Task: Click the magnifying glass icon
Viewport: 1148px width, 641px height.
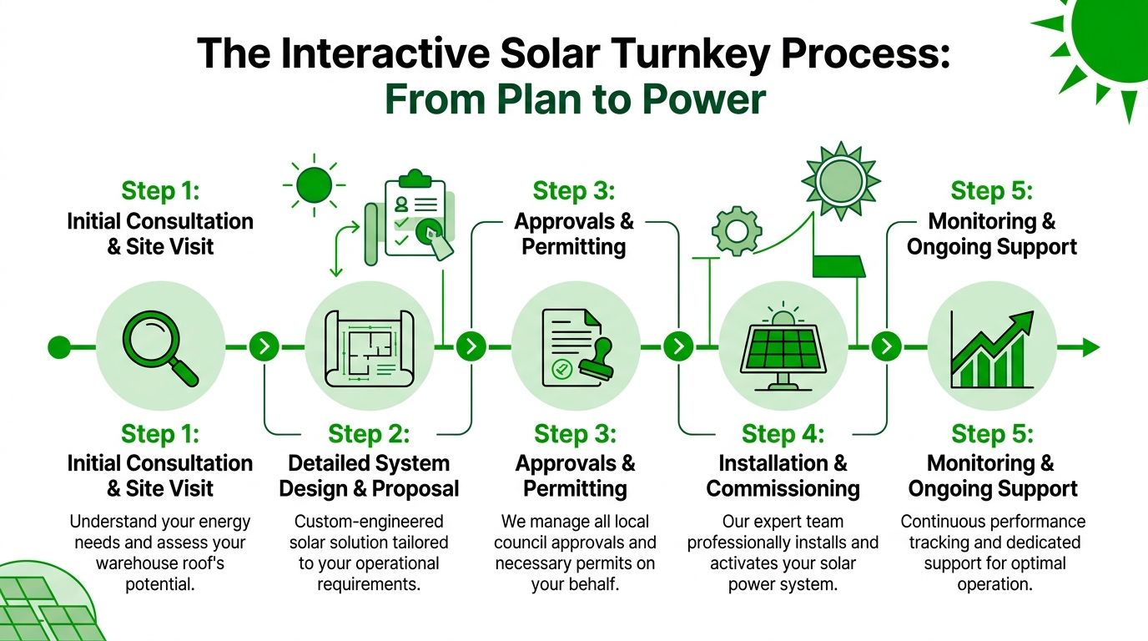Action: pos(160,346)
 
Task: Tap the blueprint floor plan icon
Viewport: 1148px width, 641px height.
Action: pos(368,346)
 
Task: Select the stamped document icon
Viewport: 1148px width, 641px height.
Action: pos(576,346)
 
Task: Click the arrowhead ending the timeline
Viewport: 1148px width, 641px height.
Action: pos(1090,346)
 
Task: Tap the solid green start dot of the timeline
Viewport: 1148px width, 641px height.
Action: pos(59,346)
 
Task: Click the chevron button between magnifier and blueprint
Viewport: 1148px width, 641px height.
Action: pos(264,346)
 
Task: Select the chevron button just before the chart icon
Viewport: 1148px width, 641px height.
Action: pos(886,346)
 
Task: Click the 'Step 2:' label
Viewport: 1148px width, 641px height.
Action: pos(368,434)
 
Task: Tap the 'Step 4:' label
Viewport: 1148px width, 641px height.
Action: pos(783,434)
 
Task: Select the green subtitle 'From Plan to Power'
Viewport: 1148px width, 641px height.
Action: pos(574,99)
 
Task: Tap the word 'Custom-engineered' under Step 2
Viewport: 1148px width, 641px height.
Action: pos(368,522)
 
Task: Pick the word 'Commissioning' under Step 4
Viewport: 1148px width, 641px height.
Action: pos(783,488)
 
